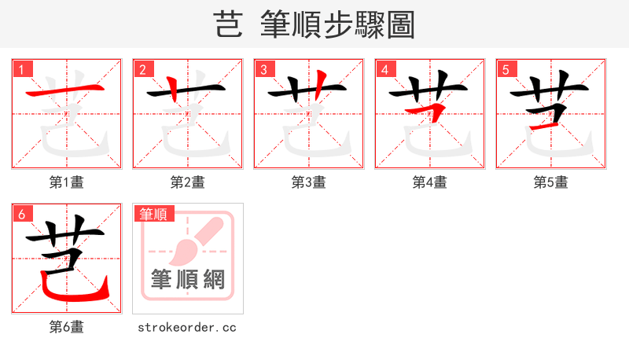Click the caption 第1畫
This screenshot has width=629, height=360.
tap(67, 182)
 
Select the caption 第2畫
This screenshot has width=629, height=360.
tap(188, 182)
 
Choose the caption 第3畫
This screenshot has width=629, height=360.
tap(309, 182)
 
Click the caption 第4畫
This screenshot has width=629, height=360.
tap(430, 182)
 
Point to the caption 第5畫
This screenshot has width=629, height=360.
tap(551, 182)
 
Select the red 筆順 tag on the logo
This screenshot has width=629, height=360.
tap(153, 214)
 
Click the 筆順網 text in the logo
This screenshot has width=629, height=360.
tap(188, 278)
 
